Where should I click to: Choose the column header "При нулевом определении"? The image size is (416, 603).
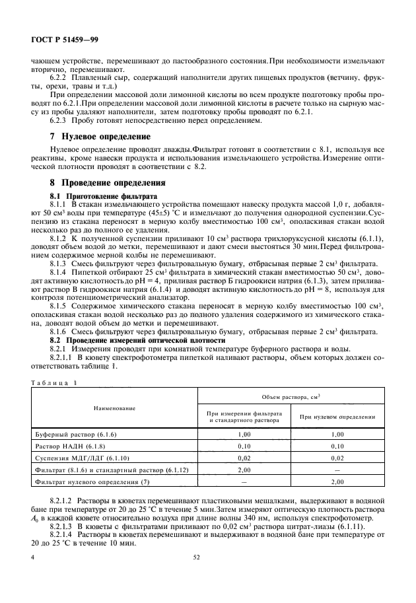(x=337, y=417)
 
